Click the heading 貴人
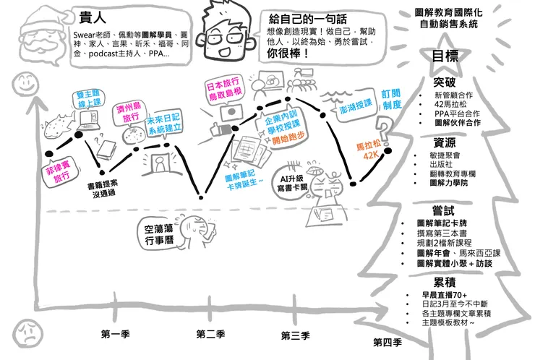(90, 16)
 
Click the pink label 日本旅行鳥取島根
(224, 92)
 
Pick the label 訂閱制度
(391, 100)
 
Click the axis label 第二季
(210, 334)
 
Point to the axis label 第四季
(387, 341)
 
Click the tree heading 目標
(445, 56)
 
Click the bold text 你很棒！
(283, 53)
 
